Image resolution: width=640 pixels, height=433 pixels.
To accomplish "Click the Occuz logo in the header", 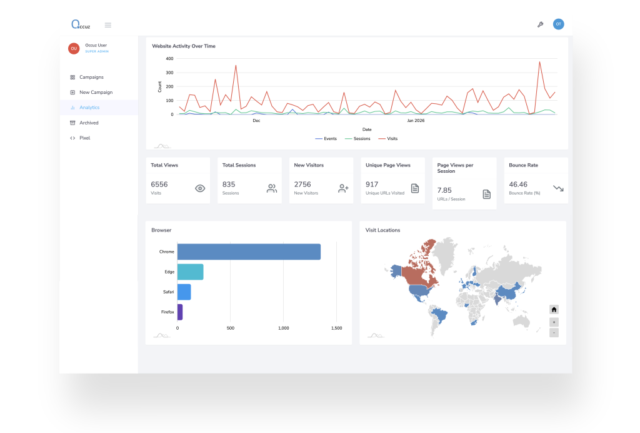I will tap(81, 25).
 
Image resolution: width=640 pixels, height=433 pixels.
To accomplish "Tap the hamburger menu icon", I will tap(108, 25).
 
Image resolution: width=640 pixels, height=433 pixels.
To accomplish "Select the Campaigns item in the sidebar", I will tap(91, 78).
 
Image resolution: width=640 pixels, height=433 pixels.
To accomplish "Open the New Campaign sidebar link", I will tap(96, 93).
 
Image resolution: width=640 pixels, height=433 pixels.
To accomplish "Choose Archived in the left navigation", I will tap(89, 123).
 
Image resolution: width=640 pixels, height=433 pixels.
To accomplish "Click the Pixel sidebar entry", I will tap(84, 138).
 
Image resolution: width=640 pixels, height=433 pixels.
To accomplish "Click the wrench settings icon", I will tap(541, 25).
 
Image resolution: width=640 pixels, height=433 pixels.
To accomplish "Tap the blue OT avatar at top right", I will tap(559, 24).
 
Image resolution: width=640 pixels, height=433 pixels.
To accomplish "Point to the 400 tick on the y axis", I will tap(169, 59).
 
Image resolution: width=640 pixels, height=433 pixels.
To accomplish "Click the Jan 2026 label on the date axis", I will tap(416, 121).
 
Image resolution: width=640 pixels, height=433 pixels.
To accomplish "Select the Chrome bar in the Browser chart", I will tap(249, 252).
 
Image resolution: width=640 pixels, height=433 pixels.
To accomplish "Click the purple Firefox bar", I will tap(180, 312).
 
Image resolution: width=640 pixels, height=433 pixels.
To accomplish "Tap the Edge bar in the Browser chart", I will tap(190, 272).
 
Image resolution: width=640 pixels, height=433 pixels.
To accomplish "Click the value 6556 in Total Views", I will tap(159, 185).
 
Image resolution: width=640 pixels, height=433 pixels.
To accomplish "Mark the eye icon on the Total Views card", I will tap(200, 188).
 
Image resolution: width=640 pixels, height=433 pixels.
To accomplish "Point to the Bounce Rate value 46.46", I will tap(518, 185).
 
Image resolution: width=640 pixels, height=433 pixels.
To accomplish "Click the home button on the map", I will tap(554, 310).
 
